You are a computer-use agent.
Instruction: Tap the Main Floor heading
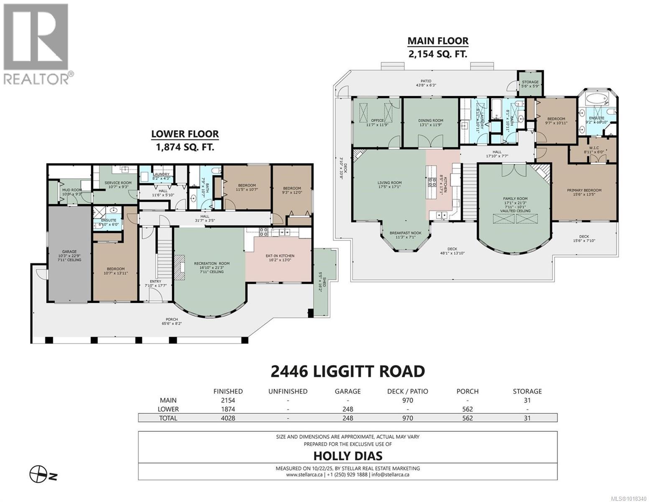[x=438, y=41]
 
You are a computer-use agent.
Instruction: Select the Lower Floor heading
[x=185, y=134]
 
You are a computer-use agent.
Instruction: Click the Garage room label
[x=69, y=252]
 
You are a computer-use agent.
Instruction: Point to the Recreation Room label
[x=212, y=264]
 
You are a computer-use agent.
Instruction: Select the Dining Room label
[x=431, y=120]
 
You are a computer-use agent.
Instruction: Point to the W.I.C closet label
[x=593, y=147]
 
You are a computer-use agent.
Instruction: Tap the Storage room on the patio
[x=530, y=82]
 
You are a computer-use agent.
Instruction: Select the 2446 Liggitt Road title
[x=347, y=371]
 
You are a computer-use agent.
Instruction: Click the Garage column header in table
[x=347, y=392]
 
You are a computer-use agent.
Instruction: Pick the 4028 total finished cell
[x=227, y=418]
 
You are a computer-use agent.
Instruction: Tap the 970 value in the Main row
[x=407, y=400]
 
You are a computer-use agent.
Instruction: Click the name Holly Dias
[x=347, y=455]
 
